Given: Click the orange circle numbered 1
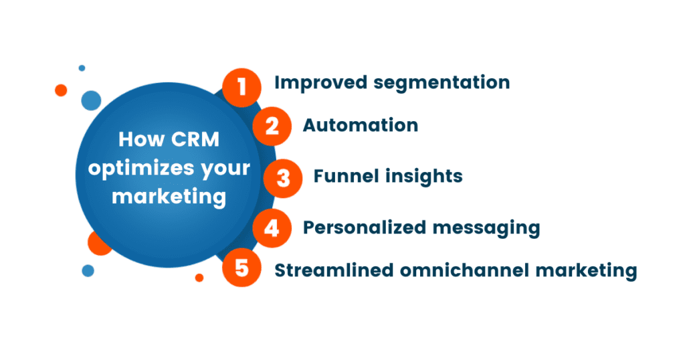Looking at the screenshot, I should tap(241, 87).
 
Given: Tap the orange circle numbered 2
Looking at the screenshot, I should tap(272, 126).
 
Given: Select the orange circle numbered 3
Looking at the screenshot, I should tap(284, 179).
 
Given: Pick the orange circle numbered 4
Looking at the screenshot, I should tap(272, 229).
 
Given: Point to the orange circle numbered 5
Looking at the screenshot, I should tap(241, 269).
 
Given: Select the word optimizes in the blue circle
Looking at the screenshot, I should tap(134, 169).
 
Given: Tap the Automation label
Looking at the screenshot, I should tap(361, 125).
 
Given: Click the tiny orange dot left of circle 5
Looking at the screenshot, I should tap(199, 277).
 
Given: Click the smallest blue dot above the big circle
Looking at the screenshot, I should tap(82, 68).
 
